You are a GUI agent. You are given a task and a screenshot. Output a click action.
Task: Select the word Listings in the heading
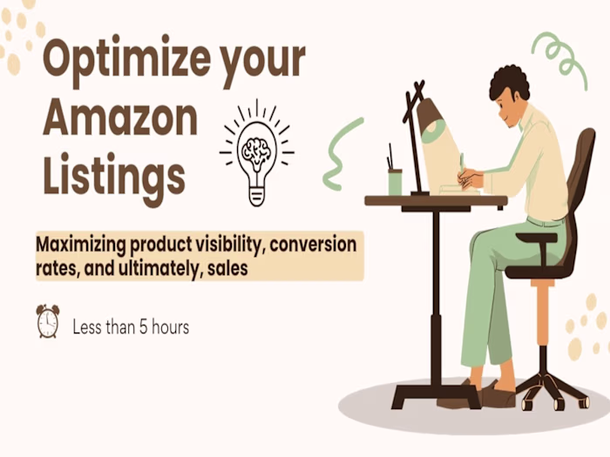pyautogui.click(x=113, y=175)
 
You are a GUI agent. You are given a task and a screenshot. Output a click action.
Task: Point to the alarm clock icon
pyautogui.click(x=47, y=321)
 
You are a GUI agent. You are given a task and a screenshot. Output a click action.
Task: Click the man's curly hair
pyautogui.click(x=509, y=83)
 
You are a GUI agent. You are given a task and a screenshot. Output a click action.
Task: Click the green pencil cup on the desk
pyautogui.click(x=395, y=182)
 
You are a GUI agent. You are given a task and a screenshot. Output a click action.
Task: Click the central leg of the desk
pyautogui.click(x=433, y=296)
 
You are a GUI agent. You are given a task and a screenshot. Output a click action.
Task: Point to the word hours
pyautogui.click(x=170, y=327)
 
